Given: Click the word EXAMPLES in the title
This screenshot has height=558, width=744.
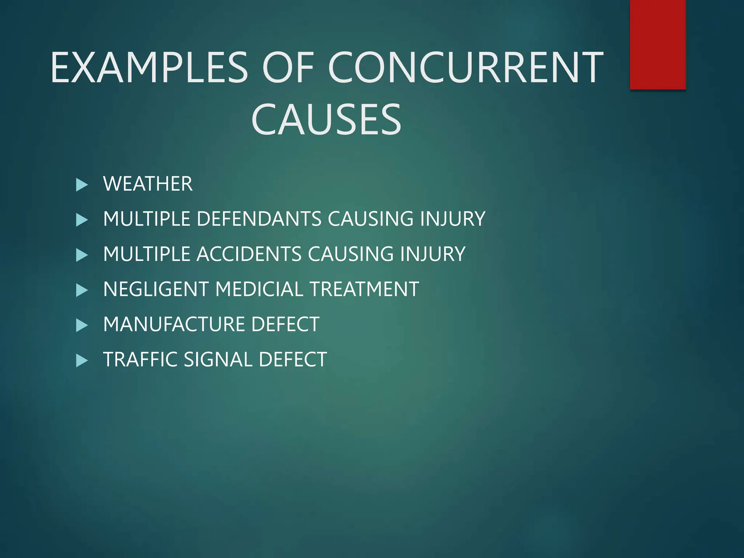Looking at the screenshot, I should tap(149, 68).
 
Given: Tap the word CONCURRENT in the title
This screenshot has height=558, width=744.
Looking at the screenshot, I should tap(465, 68).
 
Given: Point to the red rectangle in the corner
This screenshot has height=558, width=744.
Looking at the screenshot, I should tap(658, 44).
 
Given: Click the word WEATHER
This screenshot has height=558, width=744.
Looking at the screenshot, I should tap(148, 184).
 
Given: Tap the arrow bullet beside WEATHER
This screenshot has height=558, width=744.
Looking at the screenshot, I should tap(82, 185).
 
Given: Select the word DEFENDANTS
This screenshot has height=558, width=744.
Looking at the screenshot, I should tap(259, 219).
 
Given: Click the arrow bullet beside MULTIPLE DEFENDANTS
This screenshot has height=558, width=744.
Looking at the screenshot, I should tap(82, 220).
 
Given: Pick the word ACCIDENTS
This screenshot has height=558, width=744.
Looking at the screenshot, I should tap(249, 254).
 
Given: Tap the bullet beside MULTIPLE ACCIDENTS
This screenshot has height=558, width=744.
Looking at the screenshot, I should tap(82, 255).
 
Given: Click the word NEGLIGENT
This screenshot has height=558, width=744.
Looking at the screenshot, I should tap(156, 289).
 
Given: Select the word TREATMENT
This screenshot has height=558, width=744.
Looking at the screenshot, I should tap(364, 289).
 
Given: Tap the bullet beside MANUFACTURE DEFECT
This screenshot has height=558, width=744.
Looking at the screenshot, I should tap(82, 325).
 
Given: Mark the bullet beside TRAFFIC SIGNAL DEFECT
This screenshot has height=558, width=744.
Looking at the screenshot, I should tap(82, 360).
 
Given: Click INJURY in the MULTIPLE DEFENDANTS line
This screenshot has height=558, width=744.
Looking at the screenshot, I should tap(453, 219).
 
